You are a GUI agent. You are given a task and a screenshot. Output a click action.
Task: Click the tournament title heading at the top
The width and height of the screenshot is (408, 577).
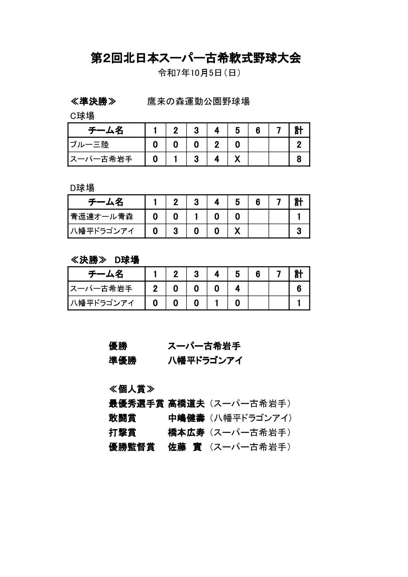click(196, 58)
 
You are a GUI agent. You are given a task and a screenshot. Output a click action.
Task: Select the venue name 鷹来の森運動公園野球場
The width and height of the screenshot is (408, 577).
click(198, 102)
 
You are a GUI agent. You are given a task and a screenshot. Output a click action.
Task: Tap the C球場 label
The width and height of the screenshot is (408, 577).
click(82, 116)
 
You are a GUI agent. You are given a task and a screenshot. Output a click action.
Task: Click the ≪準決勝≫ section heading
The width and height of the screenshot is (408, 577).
click(93, 102)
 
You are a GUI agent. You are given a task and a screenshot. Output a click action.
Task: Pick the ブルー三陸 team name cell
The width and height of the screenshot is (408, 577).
click(89, 145)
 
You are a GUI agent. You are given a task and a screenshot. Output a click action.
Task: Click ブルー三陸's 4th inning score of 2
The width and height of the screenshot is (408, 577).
click(217, 145)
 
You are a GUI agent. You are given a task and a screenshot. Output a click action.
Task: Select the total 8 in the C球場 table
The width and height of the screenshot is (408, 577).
click(299, 159)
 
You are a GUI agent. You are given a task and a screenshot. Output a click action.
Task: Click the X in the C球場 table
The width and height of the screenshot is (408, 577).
click(237, 159)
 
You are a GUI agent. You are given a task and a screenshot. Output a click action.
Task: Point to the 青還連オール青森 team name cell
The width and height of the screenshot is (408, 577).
click(102, 217)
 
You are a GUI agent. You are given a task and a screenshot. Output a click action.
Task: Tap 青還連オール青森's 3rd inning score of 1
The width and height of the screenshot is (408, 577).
click(196, 217)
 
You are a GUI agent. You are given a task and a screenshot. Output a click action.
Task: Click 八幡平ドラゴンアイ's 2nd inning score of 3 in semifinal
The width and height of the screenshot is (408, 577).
click(176, 231)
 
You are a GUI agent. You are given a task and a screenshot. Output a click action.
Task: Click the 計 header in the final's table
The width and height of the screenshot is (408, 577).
click(299, 274)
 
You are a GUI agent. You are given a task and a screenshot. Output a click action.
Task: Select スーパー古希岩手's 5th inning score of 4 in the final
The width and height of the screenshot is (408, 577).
click(237, 289)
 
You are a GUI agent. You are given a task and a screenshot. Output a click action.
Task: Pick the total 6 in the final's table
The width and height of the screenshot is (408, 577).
click(299, 289)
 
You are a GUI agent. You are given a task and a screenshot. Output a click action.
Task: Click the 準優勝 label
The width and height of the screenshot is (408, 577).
click(122, 361)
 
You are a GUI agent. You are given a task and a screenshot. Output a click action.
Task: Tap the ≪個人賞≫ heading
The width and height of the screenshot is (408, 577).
click(131, 389)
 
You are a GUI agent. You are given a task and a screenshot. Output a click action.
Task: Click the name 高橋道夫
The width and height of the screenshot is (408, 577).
click(186, 404)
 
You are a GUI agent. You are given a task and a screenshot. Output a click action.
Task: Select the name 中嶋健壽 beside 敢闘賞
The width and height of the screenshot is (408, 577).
click(186, 418)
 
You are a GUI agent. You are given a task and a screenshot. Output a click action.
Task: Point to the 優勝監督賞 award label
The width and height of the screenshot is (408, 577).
click(132, 447)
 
